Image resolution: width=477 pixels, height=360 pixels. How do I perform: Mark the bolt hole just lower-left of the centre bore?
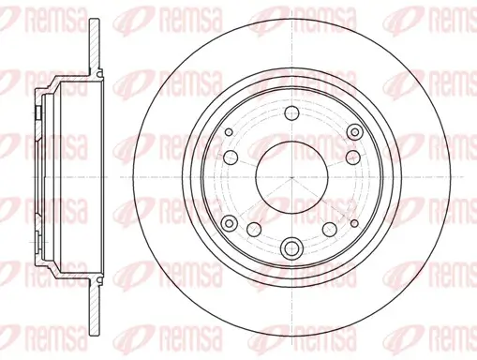(253, 230)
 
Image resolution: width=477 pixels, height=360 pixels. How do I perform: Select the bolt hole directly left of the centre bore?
(229, 156)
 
